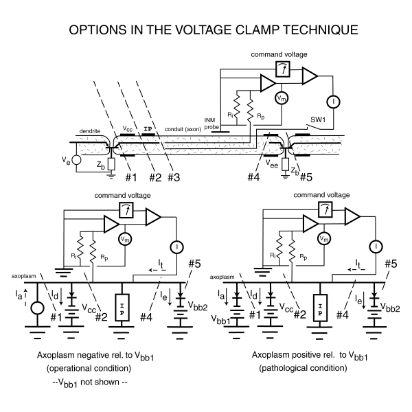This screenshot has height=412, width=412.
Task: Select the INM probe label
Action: pyautogui.click(x=211, y=122)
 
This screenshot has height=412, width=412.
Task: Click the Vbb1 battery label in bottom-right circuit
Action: pyautogui.click(x=240, y=321)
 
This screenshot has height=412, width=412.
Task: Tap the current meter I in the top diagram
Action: pyautogui.click(x=334, y=100)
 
